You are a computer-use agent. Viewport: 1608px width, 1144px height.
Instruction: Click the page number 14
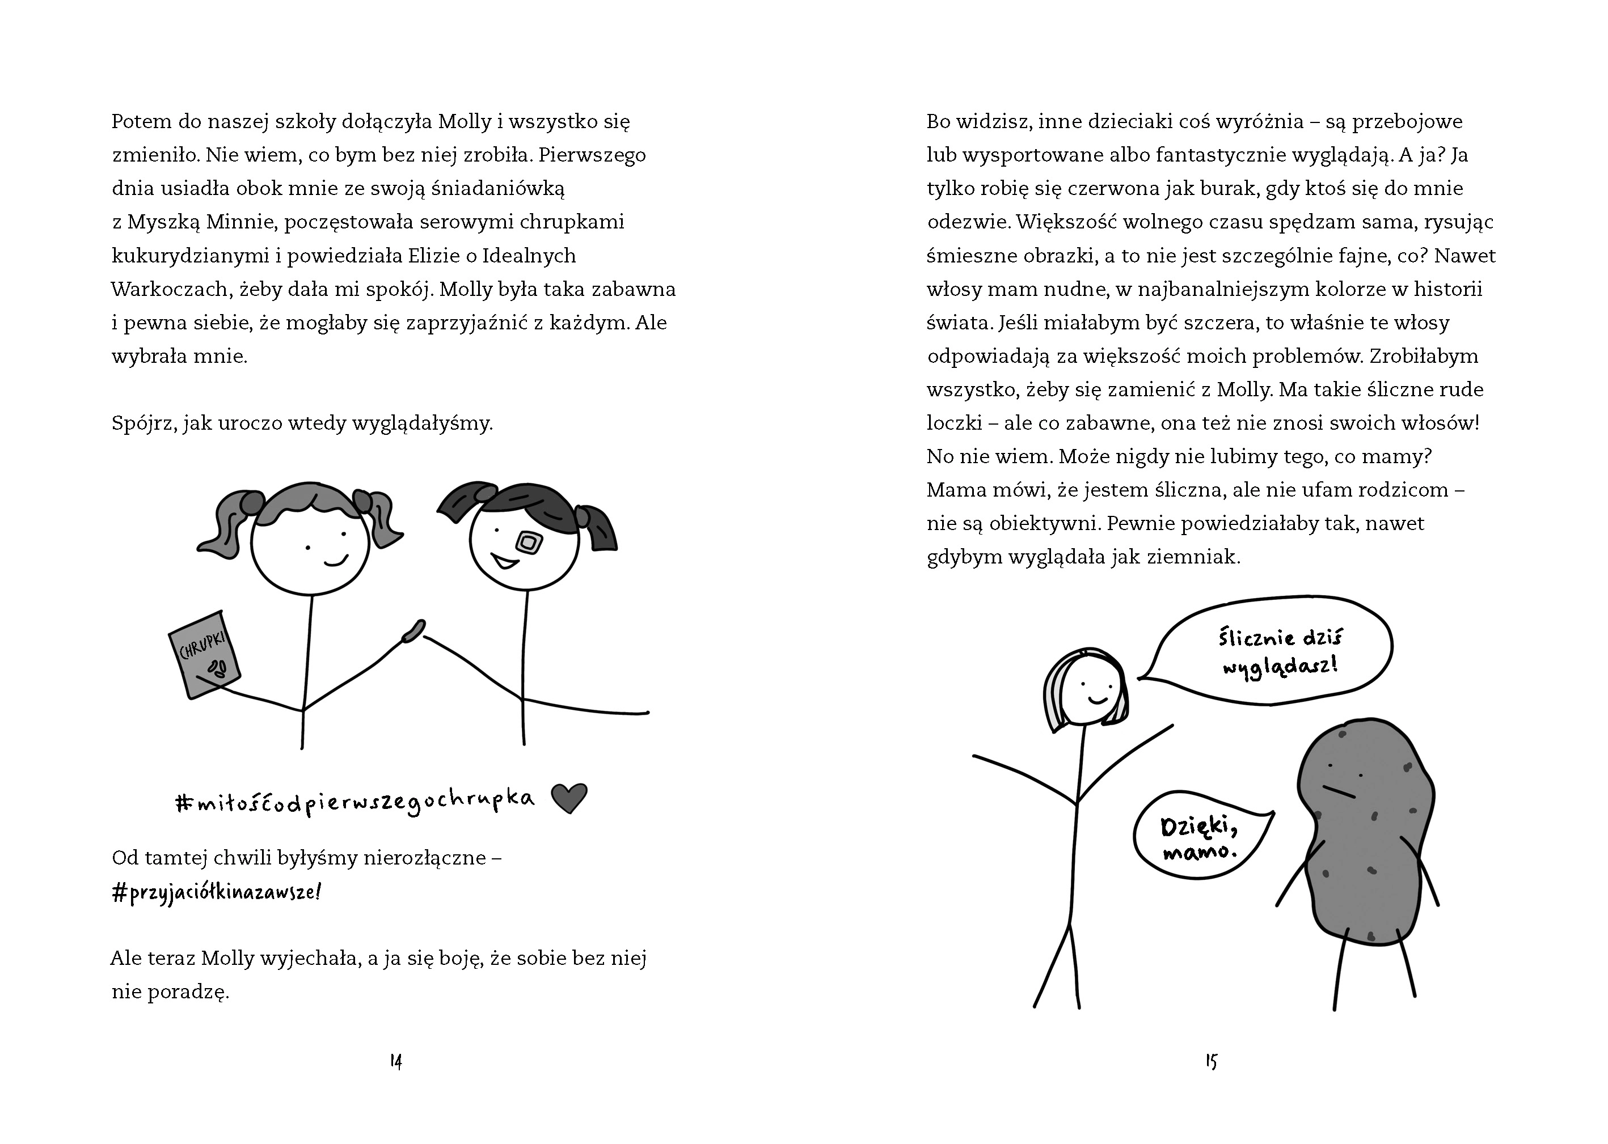(396, 1062)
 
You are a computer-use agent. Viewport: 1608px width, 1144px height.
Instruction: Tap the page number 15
(1212, 1062)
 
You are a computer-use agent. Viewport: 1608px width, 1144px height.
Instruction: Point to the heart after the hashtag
(569, 798)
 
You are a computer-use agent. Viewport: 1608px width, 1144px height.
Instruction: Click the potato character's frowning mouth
(1339, 792)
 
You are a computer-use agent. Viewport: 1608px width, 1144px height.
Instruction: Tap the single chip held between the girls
(412, 630)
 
